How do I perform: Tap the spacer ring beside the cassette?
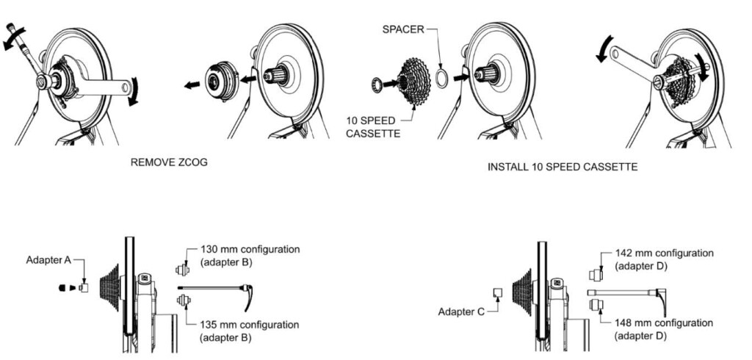pyautogui.click(x=441, y=79)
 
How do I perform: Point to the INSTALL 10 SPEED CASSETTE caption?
pyautogui.click(x=563, y=168)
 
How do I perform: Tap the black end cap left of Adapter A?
pyautogui.click(x=62, y=288)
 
